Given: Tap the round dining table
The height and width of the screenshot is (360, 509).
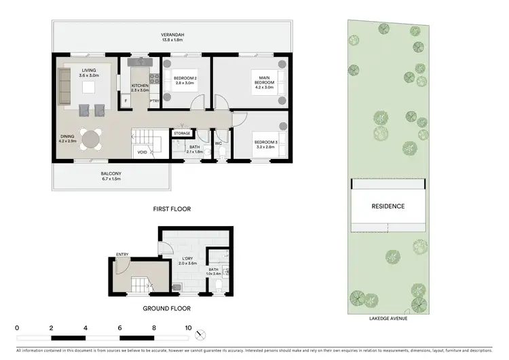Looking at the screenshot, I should (x=90, y=139).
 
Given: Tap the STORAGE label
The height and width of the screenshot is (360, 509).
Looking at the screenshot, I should (x=182, y=133).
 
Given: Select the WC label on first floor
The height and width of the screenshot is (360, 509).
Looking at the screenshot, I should (x=219, y=143).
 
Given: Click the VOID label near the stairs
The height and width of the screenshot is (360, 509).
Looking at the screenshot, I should (x=142, y=153).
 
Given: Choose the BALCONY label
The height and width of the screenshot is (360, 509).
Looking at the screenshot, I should (x=111, y=175).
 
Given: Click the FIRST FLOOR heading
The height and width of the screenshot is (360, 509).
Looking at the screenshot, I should (x=172, y=210).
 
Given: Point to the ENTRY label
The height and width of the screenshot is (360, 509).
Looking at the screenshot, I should (x=122, y=255).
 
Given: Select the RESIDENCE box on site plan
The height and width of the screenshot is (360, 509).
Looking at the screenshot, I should (x=388, y=206).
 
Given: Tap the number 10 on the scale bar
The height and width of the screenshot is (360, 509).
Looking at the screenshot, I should (x=188, y=327).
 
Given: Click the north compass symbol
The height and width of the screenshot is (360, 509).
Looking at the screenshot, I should (x=199, y=334).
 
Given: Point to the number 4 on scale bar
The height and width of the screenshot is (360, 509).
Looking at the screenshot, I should (x=86, y=327).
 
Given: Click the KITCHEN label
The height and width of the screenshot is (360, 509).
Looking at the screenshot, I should (x=140, y=86).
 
